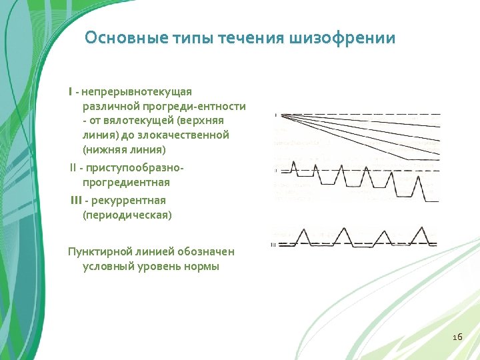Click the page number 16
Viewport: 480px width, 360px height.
click(457, 337)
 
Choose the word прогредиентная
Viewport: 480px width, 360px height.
click(126, 182)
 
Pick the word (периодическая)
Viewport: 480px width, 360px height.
click(127, 215)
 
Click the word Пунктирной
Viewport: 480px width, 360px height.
click(99, 251)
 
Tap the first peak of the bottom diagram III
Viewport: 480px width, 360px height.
click(303, 231)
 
